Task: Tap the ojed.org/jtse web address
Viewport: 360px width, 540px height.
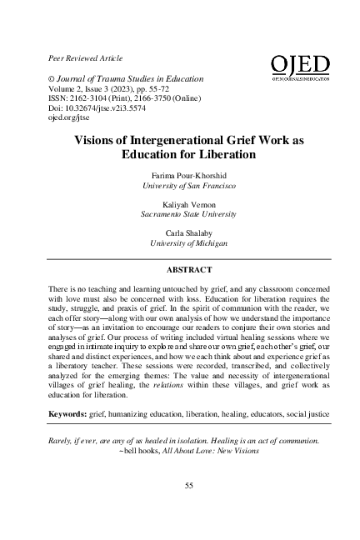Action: (x=63, y=118)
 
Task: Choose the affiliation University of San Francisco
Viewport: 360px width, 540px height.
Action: (x=187, y=187)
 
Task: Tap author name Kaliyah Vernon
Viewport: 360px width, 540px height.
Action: (x=187, y=205)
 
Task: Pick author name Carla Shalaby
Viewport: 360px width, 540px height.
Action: (x=187, y=232)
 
